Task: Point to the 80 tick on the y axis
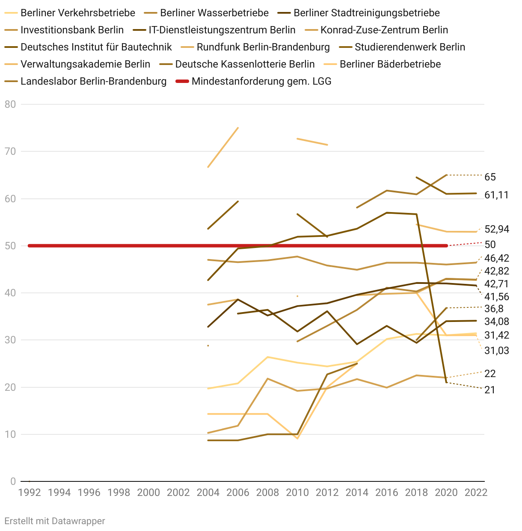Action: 10,104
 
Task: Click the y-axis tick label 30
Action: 10,340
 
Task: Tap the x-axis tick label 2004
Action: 208,493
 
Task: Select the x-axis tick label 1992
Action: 30,493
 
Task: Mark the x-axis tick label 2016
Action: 387,493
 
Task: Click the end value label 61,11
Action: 496,195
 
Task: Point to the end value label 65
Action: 490,177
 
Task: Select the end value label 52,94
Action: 497,229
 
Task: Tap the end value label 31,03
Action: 497,351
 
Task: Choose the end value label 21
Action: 489,390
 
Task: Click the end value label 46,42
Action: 497,258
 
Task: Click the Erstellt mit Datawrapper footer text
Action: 55,521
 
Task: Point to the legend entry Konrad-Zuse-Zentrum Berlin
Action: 384,30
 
